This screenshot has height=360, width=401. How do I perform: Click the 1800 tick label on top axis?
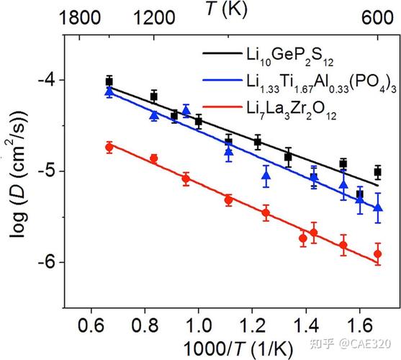[x=79, y=18]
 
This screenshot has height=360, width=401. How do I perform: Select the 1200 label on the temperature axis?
[x=154, y=18]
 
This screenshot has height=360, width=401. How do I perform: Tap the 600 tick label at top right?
[x=377, y=18]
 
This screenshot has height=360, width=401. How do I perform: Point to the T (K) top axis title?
[x=227, y=10]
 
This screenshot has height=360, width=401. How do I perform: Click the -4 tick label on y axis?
[x=47, y=81]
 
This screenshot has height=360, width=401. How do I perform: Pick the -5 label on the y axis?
[x=47, y=171]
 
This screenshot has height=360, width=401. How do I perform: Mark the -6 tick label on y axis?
[x=47, y=262]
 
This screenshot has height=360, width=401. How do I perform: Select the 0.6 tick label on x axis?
[x=91, y=326]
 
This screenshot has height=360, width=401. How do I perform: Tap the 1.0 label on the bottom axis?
[x=198, y=326]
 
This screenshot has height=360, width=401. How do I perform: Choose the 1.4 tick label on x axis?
[x=306, y=326]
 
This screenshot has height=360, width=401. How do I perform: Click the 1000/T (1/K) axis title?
[x=238, y=349]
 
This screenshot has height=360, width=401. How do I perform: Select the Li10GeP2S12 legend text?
[x=290, y=58]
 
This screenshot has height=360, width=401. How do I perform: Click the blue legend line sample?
[x=222, y=80]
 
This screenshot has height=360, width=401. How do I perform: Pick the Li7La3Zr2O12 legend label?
[x=292, y=111]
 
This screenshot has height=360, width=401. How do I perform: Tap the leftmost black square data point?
[x=109, y=82]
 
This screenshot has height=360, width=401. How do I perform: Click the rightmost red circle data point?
[x=377, y=254]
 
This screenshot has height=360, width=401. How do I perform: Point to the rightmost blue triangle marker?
[x=378, y=207]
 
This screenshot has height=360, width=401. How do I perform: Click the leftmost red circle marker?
[x=109, y=148]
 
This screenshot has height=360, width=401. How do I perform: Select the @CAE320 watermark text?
[x=365, y=344]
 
